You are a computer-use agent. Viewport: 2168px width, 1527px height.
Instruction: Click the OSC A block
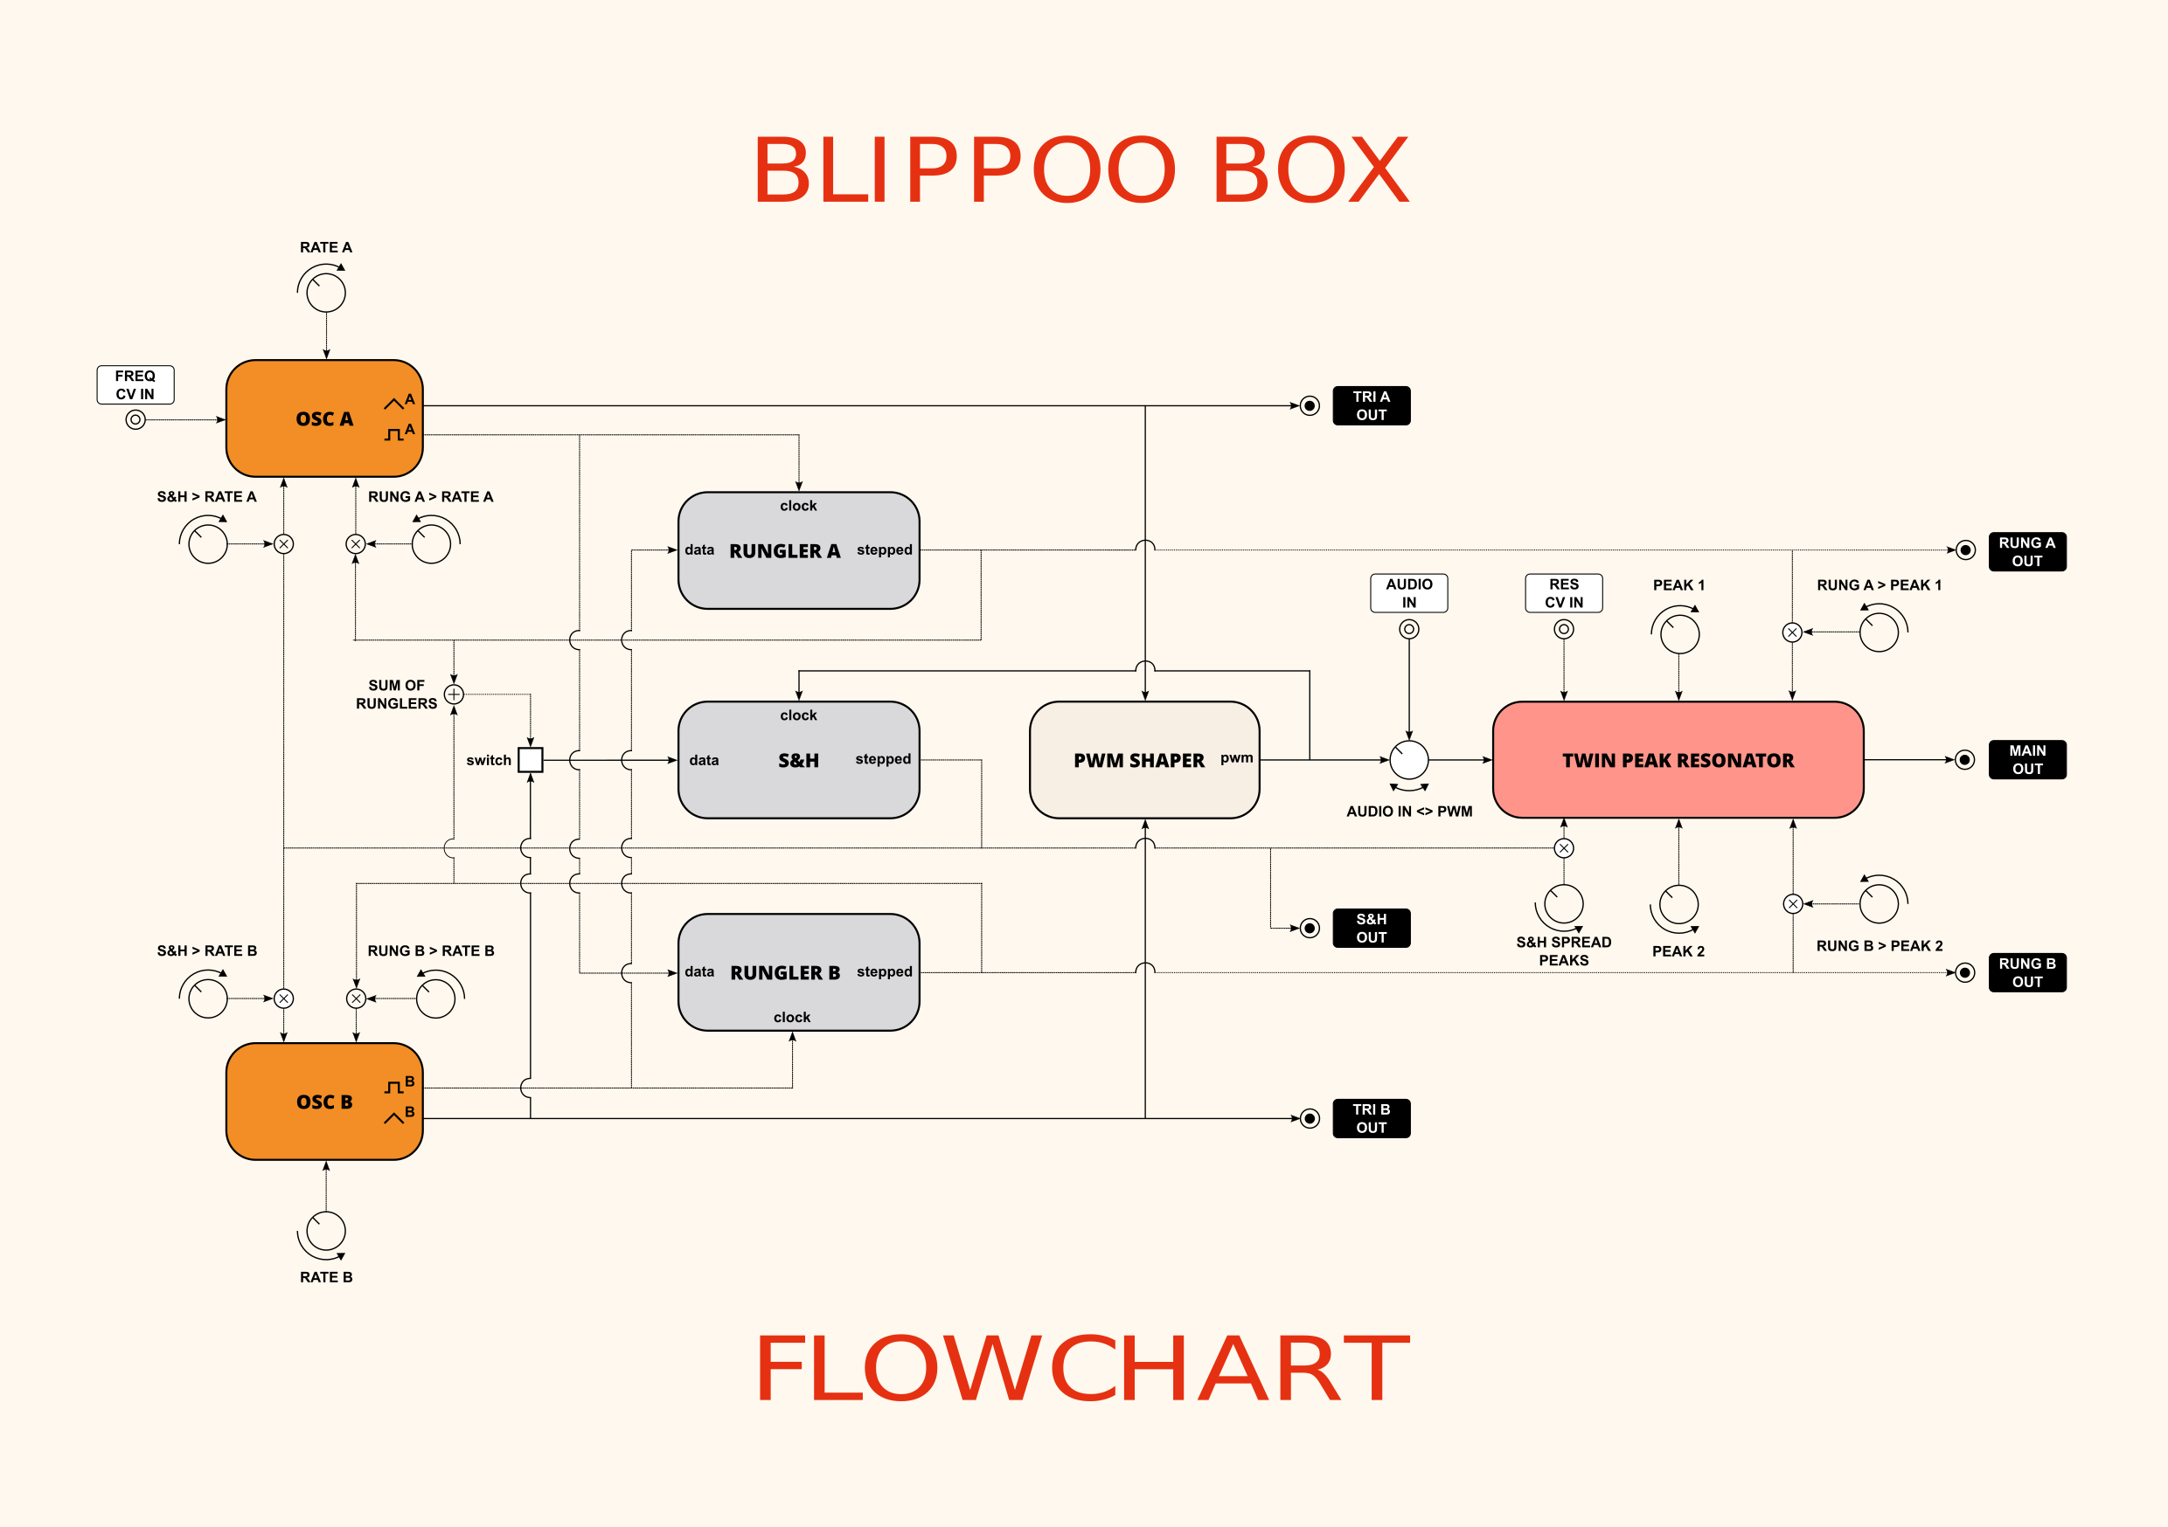coord(323,418)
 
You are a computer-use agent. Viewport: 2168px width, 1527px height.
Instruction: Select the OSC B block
coord(323,1102)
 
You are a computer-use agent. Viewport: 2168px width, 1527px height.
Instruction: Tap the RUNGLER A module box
coord(798,551)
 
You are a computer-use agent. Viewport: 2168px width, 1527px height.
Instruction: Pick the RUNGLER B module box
coord(798,972)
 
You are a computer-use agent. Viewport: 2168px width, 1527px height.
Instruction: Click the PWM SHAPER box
coord(1143,760)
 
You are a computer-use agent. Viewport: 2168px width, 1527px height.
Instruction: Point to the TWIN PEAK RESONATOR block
coord(1677,760)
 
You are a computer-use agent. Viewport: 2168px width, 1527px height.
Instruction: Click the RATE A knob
coord(327,293)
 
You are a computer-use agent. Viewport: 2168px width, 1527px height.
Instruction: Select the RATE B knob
coord(327,1231)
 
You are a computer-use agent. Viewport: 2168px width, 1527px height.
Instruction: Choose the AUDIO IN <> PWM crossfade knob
coord(1409,760)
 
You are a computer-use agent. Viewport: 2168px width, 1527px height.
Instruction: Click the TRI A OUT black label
coord(1371,406)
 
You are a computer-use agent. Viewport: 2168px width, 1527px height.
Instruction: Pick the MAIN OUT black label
coord(2026,760)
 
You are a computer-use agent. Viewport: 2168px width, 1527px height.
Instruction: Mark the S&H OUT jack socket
coord(1310,929)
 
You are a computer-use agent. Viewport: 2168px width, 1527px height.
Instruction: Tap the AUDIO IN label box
coord(1409,592)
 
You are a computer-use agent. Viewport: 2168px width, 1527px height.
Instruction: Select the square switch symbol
coord(531,760)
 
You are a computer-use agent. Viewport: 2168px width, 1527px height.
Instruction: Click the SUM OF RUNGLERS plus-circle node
coord(455,694)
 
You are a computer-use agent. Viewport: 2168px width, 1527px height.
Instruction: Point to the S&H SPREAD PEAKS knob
coord(1564,904)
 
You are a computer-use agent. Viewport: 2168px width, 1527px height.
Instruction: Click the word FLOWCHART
coord(1082,1369)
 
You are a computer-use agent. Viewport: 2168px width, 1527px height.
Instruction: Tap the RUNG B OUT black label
coord(2026,972)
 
